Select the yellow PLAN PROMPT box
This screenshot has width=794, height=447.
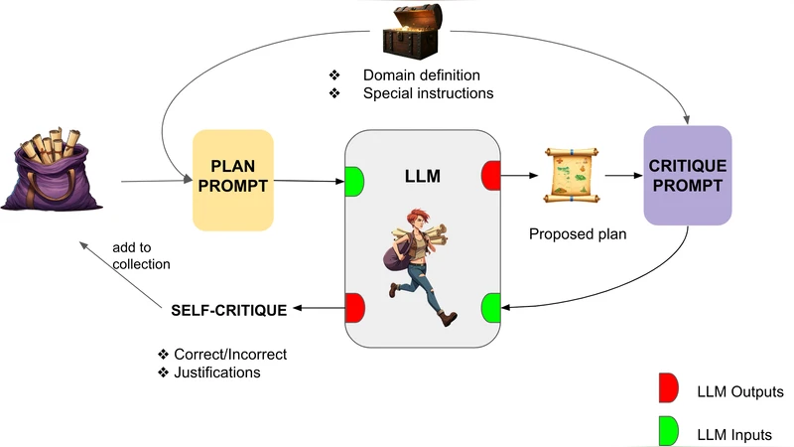231,180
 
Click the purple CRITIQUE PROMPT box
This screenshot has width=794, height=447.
687,175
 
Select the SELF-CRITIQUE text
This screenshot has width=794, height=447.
228,310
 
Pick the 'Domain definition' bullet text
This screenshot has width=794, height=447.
422,75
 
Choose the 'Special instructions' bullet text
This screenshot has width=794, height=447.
428,93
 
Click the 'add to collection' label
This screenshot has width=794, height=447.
141,255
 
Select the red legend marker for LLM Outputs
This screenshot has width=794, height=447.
667,391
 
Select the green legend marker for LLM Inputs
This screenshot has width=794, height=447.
667,431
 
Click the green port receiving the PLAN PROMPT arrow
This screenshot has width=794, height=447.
355,182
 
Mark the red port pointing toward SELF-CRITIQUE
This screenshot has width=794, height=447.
354,309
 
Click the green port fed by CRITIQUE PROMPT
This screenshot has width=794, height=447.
490,309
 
